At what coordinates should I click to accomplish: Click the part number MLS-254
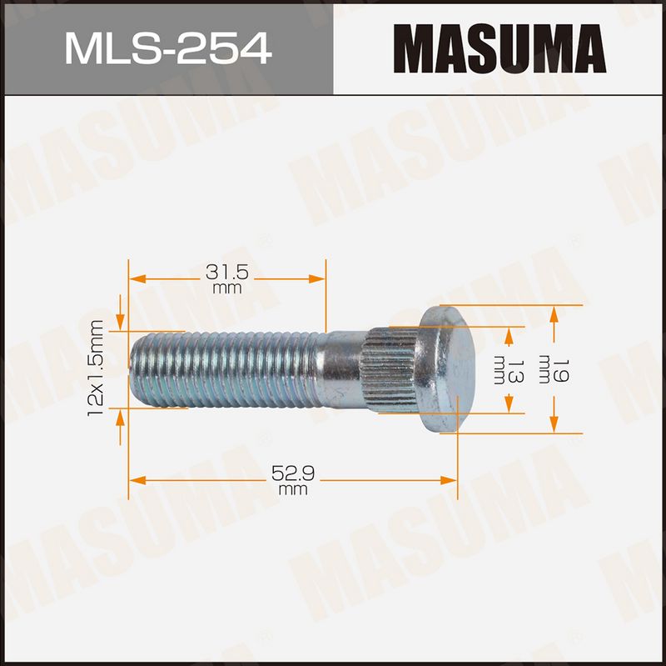tap(168, 49)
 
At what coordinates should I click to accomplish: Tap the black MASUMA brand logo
tap(499, 48)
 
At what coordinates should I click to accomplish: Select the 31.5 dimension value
tap(226, 273)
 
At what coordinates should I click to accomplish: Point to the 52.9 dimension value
tap(293, 473)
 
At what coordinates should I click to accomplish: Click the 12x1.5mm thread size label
tap(96, 368)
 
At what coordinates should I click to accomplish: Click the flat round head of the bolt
tap(447, 369)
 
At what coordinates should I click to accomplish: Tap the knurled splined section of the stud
tap(389, 369)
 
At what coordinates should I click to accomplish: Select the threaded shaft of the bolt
tap(224, 369)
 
